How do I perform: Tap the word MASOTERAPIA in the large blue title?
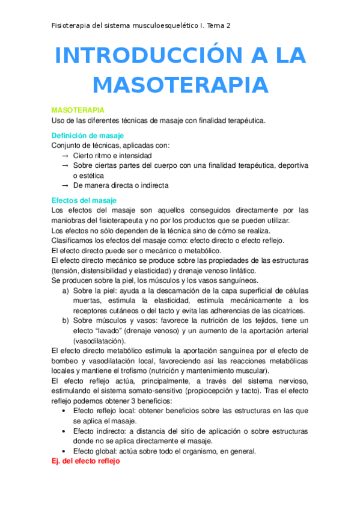coord(180,85)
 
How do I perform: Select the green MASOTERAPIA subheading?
coord(78,111)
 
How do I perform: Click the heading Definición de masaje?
coord(88,135)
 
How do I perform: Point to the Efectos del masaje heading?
coord(84,200)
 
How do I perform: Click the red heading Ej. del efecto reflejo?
coord(86,461)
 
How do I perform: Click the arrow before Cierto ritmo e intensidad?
coord(65,155)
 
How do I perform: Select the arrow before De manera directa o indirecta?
coord(65,185)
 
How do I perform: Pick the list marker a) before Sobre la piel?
coord(66,290)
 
